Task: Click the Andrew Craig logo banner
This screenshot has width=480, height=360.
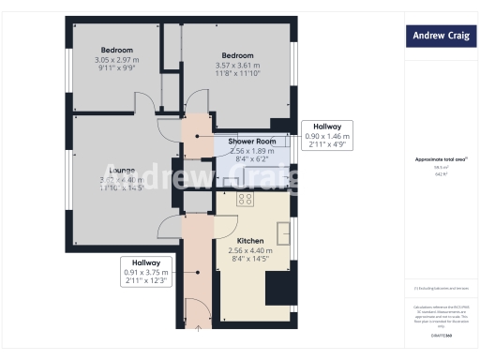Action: (x=441, y=37)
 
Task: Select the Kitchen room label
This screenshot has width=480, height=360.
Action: (x=250, y=241)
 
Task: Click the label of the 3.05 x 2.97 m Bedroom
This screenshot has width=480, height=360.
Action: (x=117, y=50)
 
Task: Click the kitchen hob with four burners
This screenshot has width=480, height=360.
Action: (x=247, y=199)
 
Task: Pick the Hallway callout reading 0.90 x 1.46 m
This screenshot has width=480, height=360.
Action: (x=326, y=135)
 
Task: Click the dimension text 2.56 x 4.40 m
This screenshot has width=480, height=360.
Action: (x=250, y=251)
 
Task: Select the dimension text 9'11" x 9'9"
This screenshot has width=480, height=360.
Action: (x=117, y=68)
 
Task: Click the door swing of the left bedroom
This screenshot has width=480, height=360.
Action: (x=143, y=104)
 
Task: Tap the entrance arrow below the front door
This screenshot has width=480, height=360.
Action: (x=198, y=328)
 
